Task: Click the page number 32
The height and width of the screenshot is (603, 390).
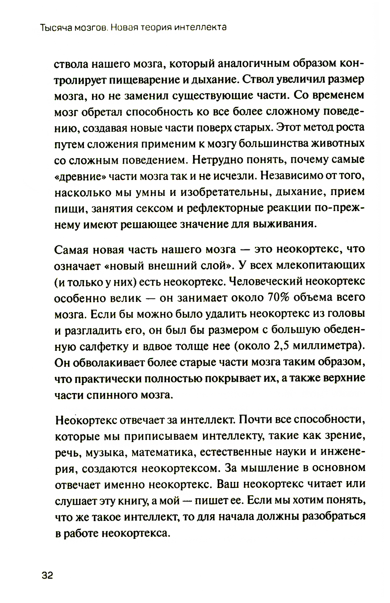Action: point(47,576)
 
